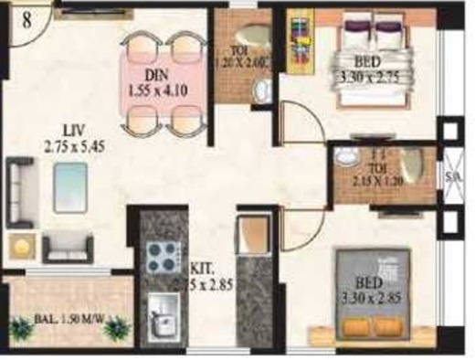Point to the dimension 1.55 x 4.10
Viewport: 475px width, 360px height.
pyautogui.click(x=164, y=91)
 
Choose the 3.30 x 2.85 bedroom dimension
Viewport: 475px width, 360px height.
pyautogui.click(x=369, y=296)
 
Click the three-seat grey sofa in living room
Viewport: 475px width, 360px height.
pyautogui.click(x=21, y=189)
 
